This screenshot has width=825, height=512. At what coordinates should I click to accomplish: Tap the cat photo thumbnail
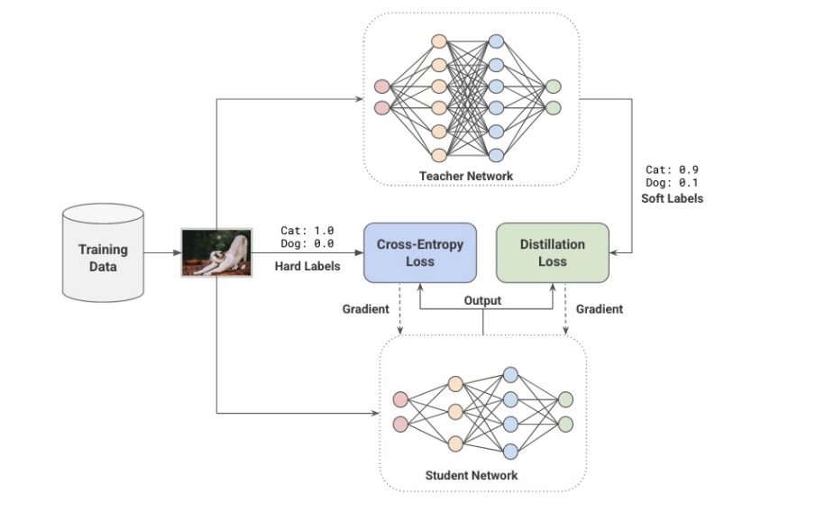click(214, 252)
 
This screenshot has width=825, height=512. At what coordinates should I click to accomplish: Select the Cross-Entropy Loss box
click(419, 252)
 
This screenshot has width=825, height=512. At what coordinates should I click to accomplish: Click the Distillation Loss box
click(552, 252)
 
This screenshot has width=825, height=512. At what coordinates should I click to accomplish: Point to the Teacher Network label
click(466, 176)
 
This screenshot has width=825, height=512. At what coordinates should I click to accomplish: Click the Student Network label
click(472, 475)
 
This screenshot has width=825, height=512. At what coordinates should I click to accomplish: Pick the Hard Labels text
click(307, 266)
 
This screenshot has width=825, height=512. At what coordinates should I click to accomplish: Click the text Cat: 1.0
click(307, 231)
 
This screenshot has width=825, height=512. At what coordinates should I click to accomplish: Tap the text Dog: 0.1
click(673, 183)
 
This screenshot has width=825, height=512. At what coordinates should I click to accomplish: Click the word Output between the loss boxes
click(482, 300)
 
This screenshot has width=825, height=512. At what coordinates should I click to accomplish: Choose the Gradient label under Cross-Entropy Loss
click(366, 309)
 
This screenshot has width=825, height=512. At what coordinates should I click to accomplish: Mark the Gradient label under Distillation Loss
click(599, 309)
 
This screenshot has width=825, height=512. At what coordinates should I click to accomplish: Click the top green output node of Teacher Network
click(554, 87)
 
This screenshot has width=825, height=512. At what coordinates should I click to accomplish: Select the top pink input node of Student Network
click(401, 399)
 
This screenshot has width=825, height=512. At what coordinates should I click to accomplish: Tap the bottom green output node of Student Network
click(565, 424)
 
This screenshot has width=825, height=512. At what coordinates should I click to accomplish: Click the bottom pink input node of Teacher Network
click(381, 108)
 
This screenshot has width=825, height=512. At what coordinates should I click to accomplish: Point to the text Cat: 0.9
click(673, 169)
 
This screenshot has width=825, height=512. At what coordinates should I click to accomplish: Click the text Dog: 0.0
click(307, 244)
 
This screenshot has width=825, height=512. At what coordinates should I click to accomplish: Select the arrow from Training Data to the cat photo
click(162, 252)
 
